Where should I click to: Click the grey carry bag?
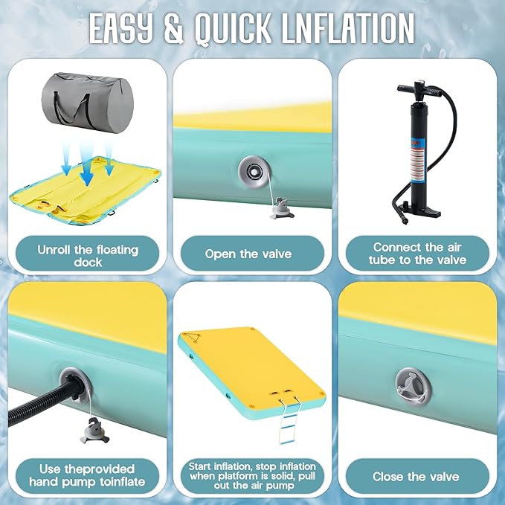click(x=88, y=103)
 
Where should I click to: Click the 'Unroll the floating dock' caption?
click(x=88, y=256)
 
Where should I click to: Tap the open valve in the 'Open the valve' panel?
click(x=254, y=171)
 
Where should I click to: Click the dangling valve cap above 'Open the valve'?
click(x=282, y=209)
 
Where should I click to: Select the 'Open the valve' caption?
click(x=248, y=254)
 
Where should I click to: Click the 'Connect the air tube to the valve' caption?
click(x=418, y=254)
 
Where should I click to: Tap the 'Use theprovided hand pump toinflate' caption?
click(x=87, y=475)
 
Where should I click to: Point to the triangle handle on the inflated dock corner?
click(x=193, y=338)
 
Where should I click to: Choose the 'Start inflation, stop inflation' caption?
click(x=252, y=466)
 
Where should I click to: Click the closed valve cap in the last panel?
click(x=413, y=387)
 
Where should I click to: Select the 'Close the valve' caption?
click(x=416, y=477)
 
